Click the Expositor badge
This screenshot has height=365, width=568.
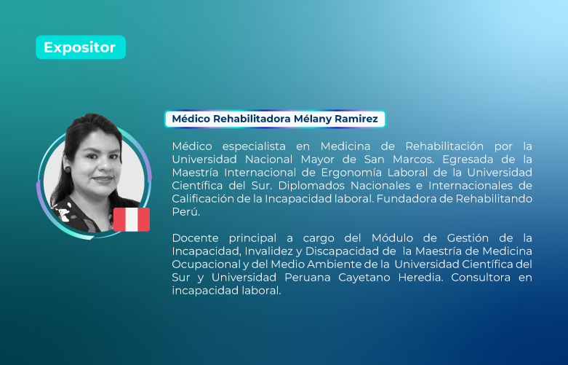tap(81, 47)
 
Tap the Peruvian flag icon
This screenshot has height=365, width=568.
tap(132, 219)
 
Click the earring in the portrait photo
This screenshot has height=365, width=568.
tap(68, 169)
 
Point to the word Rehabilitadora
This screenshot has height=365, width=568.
tap(252, 119)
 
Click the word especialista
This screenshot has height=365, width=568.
tap(254, 146)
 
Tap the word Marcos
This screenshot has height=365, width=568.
tap(413, 160)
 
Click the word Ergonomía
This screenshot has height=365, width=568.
tap(351, 173)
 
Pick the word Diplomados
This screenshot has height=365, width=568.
tap(308, 186)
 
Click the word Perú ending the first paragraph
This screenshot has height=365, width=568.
tap(185, 212)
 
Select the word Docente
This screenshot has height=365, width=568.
tap(195, 238)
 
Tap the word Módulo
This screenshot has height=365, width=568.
tap(392, 238)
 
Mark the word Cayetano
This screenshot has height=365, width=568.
tap(364, 278)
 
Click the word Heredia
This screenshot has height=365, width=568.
tap(420, 278)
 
